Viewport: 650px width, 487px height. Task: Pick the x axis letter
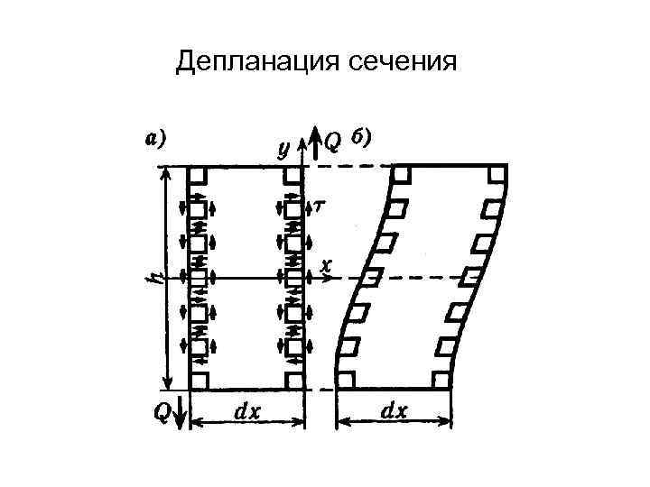point(326,267)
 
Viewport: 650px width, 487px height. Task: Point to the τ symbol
point(320,207)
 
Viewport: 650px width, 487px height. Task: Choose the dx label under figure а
point(248,411)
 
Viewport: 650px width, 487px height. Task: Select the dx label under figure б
point(394,411)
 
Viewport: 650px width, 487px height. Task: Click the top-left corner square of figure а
point(199,174)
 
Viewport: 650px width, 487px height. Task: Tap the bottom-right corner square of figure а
point(293,380)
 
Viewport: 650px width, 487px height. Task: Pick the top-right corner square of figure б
point(496,175)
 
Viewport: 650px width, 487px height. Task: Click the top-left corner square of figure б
point(402,175)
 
